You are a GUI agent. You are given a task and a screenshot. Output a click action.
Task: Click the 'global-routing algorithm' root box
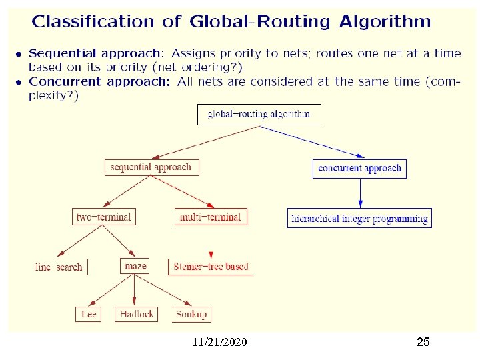pos(259,114)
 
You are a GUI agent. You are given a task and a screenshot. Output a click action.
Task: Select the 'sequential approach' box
pos(152,167)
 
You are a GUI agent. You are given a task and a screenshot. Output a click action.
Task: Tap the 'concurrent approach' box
pos(359,168)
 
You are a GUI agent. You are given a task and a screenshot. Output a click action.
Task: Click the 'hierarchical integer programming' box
pos(359,218)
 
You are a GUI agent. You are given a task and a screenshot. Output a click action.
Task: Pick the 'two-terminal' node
pos(103,217)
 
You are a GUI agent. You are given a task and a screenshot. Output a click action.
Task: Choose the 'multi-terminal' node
pos(211,217)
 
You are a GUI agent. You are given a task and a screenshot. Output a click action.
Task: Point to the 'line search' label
pos(59,267)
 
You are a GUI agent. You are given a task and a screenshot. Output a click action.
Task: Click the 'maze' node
pos(135,266)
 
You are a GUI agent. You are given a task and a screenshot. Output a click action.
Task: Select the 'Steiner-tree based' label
pos(211,267)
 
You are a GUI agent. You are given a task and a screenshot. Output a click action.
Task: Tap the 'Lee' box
pos(89,313)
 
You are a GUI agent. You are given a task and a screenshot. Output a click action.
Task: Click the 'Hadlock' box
pos(137,313)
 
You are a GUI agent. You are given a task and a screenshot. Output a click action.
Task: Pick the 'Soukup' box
pos(191,313)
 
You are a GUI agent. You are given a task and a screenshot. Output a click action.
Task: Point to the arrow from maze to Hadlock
pos(135,290)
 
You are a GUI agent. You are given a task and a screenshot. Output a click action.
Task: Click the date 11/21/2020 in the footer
pos(219,342)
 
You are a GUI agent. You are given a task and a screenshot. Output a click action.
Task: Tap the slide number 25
pos(423,342)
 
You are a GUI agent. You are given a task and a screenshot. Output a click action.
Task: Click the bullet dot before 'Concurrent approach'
pos(19,82)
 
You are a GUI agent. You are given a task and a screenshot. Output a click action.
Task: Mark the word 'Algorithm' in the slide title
pos(385,21)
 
